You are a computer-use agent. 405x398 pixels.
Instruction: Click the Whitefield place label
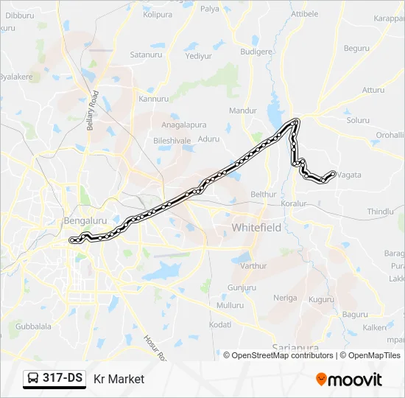[256, 228]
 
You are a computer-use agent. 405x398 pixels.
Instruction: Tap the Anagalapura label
[179, 125]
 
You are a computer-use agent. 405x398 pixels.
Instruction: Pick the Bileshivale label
[172, 139]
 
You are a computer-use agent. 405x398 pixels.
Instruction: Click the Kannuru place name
[153, 98]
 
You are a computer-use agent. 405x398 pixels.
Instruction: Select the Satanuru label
[146, 55]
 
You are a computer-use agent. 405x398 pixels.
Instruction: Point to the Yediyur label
[199, 55]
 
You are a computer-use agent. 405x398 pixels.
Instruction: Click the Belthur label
[263, 194]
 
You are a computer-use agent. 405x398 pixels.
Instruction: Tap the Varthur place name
[253, 265]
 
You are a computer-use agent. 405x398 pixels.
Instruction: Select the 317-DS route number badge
[54, 379]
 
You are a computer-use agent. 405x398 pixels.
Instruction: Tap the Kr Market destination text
[119, 379]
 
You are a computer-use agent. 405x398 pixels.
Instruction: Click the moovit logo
[349, 380]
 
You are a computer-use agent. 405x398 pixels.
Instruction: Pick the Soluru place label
[358, 119]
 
